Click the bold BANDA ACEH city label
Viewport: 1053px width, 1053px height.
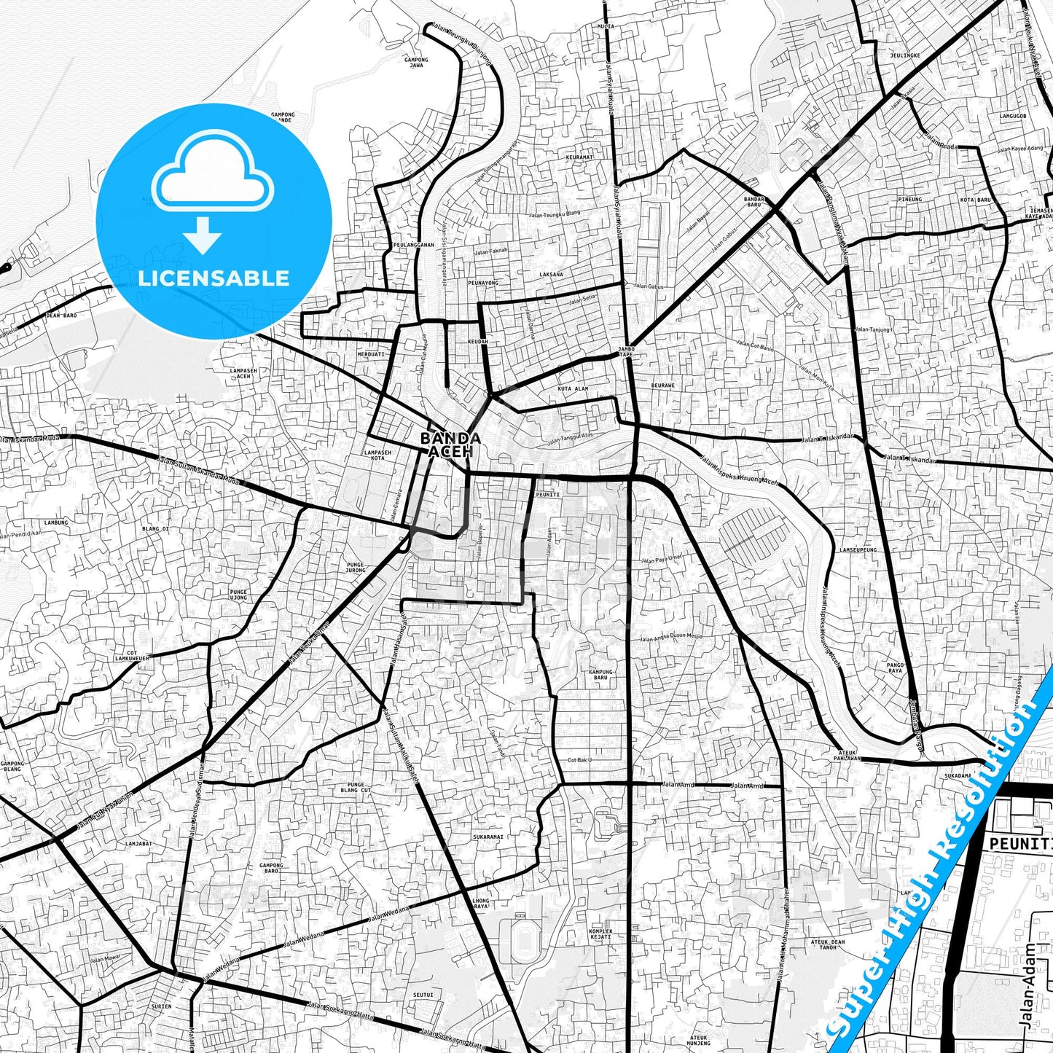tap(450, 445)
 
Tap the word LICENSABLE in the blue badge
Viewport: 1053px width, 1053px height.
tap(214, 278)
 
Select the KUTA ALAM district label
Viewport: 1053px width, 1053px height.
tap(572, 389)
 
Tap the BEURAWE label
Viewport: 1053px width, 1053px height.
tap(662, 385)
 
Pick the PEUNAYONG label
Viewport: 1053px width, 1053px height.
tap(483, 282)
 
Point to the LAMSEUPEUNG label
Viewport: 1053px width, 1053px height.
tap(858, 549)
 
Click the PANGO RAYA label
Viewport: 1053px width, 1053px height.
tap(895, 668)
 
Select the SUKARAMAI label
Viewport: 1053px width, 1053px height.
tap(488, 837)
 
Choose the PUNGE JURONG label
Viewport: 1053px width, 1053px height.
tap(356, 567)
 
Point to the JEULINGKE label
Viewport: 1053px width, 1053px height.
tap(904, 55)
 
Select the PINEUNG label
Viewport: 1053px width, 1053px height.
tap(909, 199)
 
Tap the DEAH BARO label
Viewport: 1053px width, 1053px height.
tap(61, 316)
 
